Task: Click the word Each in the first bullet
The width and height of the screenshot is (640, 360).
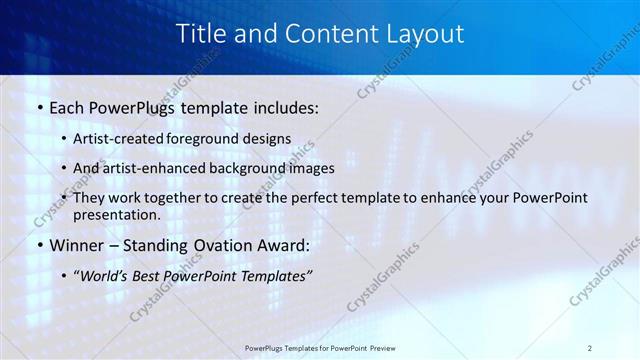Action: [67, 107]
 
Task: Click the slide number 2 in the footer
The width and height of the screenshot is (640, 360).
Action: [590, 348]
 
